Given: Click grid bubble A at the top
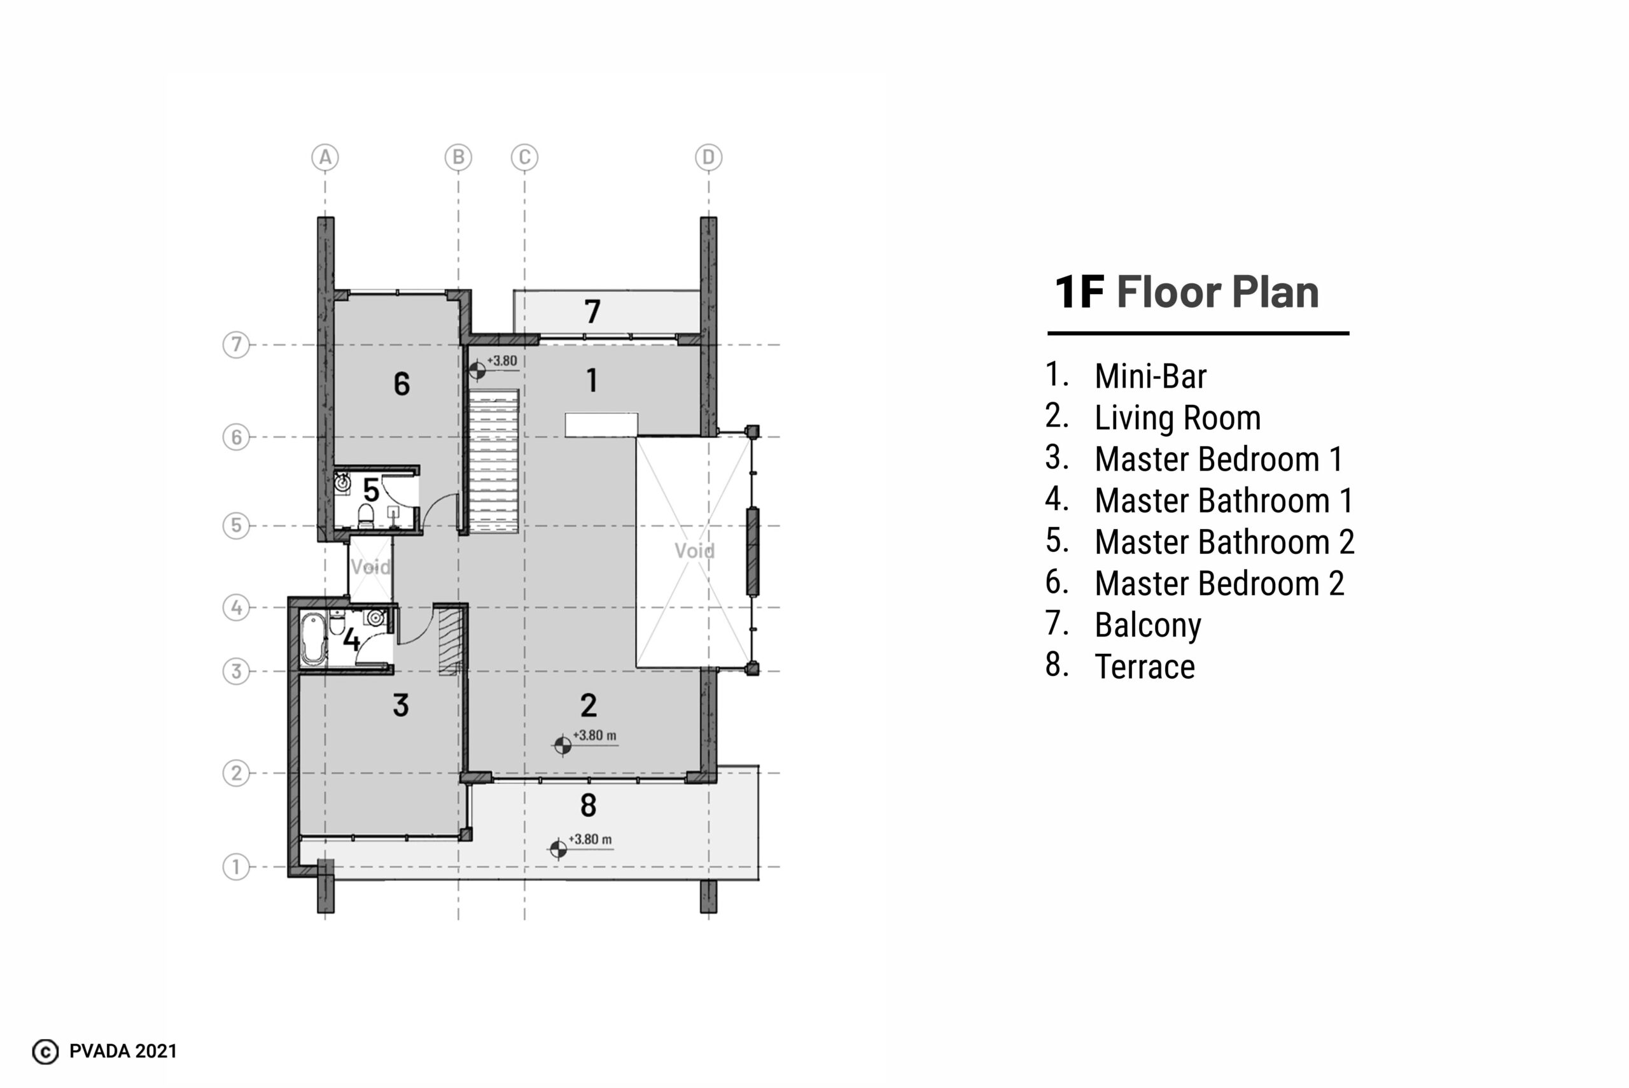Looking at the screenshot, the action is pos(325,157).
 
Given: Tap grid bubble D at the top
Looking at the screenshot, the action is pos(708,157).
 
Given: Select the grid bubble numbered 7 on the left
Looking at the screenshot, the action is pos(237,344).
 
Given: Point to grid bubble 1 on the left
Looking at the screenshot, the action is pos(237,866).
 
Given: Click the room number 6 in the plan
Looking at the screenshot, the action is pos(402,384).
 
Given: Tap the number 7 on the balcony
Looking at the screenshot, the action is pos(592,311).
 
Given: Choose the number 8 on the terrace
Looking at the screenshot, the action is pos(588,805).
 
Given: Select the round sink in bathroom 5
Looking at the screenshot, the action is pos(342,480).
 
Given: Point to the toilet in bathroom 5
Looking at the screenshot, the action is pos(365,516).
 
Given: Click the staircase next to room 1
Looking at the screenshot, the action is pos(494,461).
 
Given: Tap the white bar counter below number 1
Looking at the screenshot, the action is pos(601,425).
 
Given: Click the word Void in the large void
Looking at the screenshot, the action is pos(694,551).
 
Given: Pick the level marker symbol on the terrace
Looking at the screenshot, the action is pos(558,849).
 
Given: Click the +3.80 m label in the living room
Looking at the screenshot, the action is pos(594,735).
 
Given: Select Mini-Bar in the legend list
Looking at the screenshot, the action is pos(1150,376).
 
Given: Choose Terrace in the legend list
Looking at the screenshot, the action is pos(1145,667).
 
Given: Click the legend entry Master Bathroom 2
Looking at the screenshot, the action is pos(1225,542).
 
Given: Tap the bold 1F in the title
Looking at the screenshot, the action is pos(1079,292).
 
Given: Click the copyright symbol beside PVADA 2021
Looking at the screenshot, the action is pos(46,1052).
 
